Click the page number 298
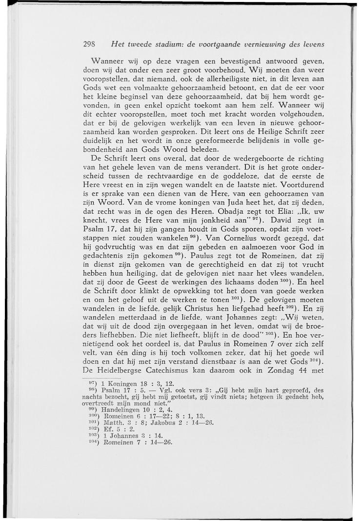88,44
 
